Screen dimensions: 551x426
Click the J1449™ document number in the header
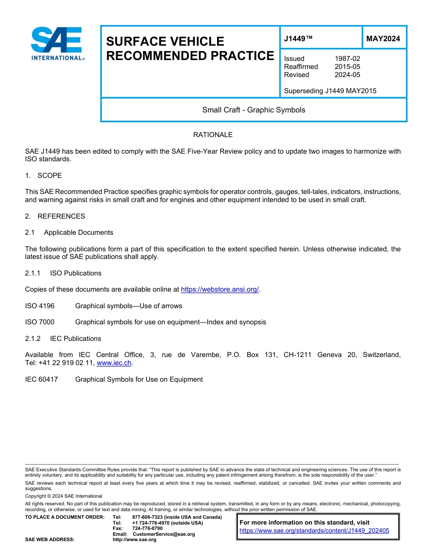298,39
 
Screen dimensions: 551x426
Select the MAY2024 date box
383,39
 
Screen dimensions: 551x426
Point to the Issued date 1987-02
347,59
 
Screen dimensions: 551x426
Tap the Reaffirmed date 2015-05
347,67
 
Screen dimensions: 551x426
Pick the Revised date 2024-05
347,75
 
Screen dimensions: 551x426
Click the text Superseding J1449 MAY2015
330,91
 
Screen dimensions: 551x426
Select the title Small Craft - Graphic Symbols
253,110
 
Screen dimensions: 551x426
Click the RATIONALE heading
213,135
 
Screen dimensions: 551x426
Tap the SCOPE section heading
49,175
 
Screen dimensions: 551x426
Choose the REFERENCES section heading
61,216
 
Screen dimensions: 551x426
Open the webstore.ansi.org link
220,289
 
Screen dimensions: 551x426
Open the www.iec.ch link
114,363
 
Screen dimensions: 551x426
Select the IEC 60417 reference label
41,379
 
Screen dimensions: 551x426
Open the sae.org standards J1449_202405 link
314,531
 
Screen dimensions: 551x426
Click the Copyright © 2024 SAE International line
64,496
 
